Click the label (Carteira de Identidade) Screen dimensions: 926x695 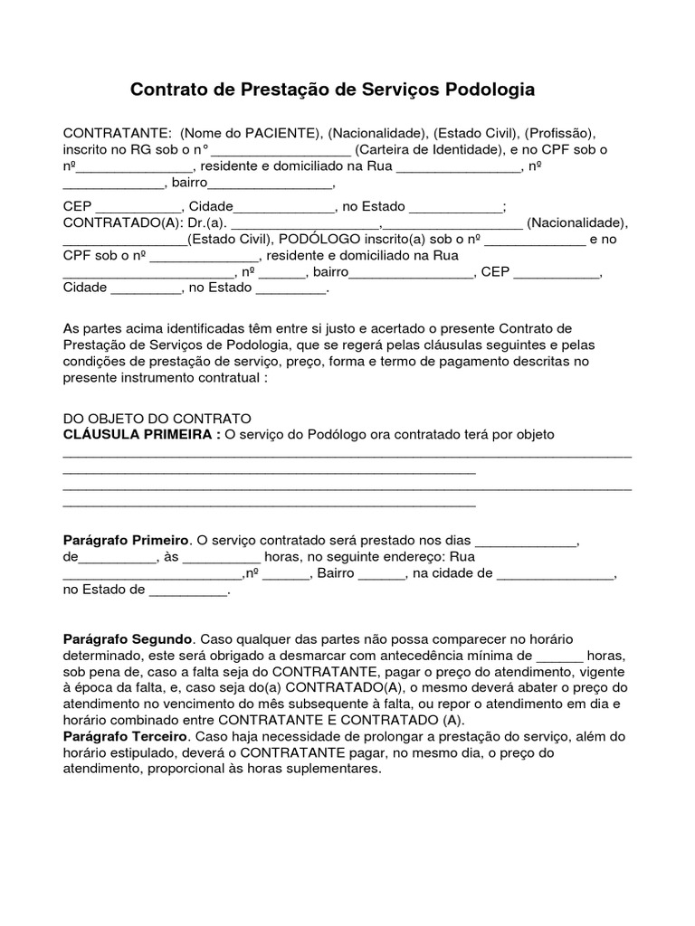pos(425,150)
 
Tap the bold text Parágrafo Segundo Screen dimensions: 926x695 pos(129,638)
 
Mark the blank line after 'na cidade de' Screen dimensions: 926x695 pos(555,574)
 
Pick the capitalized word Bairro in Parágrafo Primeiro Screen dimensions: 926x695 pos(337,573)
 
